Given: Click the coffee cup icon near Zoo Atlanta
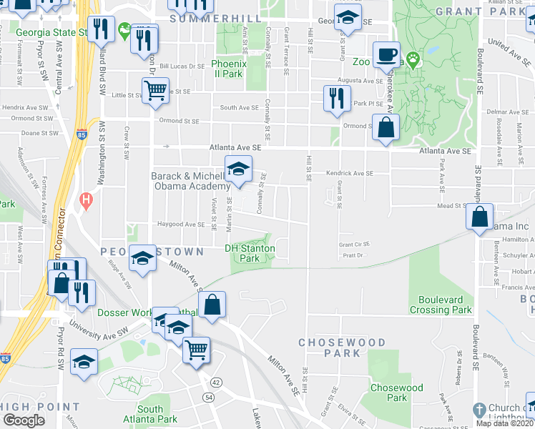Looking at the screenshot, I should [x=387, y=54].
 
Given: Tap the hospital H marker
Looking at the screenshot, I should [x=87, y=201].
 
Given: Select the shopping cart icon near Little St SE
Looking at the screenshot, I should [x=154, y=91].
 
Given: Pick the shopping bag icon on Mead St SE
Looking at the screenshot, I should [x=481, y=215].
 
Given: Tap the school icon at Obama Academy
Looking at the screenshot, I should [x=238, y=169].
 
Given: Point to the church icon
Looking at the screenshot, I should [x=479, y=410].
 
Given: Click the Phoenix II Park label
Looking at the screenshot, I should [x=229, y=69].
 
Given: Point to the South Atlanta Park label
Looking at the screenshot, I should [x=150, y=414].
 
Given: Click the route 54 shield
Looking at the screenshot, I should [x=209, y=397].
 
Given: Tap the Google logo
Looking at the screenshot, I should [x=24, y=420].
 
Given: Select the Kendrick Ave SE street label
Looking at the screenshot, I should [x=350, y=173].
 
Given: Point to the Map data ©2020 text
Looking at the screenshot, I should [x=504, y=423].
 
